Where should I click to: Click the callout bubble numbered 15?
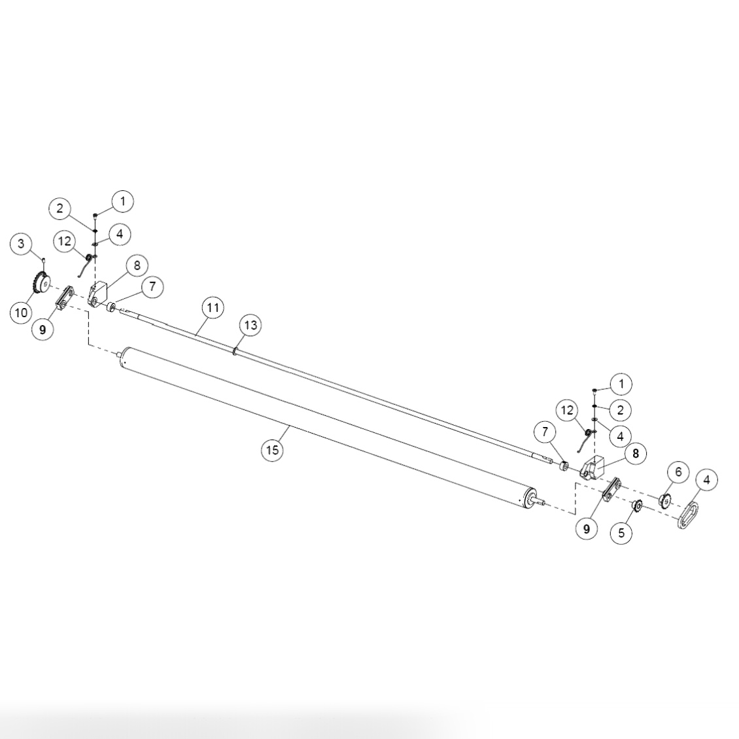273,450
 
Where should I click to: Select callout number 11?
213,307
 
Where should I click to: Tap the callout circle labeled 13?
252,325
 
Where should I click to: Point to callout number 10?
21,313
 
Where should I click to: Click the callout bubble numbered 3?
21,244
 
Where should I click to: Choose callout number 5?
621,533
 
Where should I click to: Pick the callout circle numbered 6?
678,472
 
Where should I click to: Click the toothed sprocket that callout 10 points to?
41,286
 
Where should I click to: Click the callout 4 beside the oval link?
706,480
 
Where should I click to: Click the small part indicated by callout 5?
636,505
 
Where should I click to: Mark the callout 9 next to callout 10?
43,330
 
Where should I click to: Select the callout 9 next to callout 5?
587,529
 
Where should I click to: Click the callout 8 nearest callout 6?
635,453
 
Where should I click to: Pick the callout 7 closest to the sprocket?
152,286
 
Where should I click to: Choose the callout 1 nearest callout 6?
621,384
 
